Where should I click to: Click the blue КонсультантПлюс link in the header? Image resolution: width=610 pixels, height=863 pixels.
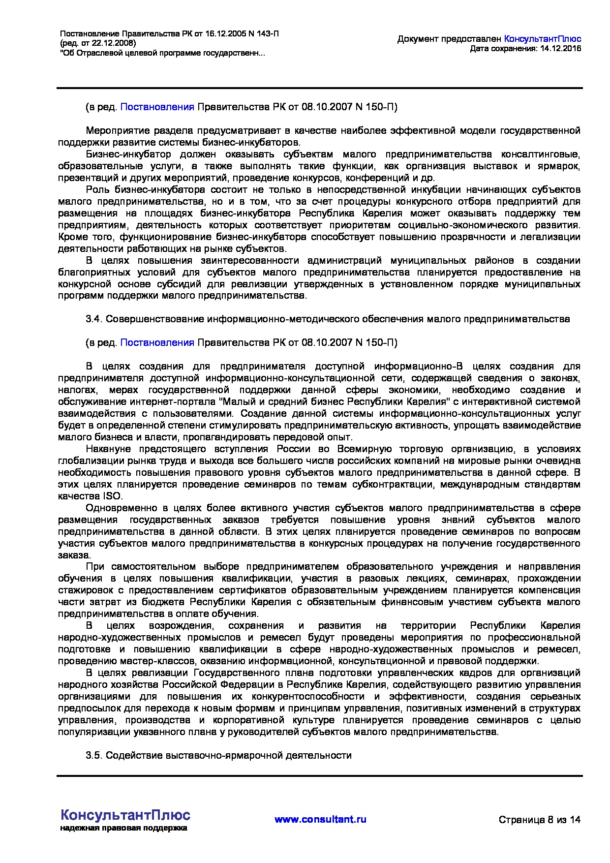pyautogui.click(x=543, y=39)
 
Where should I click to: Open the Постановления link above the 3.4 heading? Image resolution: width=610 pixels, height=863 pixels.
pyautogui.click(x=157, y=107)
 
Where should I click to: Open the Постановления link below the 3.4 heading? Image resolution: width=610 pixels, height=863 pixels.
pyautogui.click(x=157, y=342)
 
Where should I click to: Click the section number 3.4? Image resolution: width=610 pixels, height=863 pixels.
pyautogui.click(x=93, y=319)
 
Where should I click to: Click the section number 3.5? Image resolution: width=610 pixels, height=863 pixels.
pyautogui.click(x=93, y=755)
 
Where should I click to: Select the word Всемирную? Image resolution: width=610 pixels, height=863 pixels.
pyautogui.click(x=364, y=449)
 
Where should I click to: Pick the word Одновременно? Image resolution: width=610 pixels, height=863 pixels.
pyautogui.click(x=117, y=508)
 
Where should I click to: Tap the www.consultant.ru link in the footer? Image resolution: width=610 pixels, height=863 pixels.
pyautogui.click(x=320, y=819)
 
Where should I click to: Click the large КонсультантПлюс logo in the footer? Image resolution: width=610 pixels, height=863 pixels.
pyautogui.click(x=125, y=815)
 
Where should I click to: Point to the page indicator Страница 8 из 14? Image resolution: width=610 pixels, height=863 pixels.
pyautogui.click(x=540, y=820)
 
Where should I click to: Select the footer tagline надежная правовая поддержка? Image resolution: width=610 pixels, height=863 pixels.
pyautogui.click(x=123, y=828)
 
